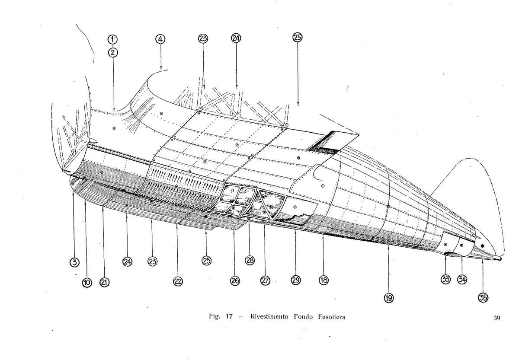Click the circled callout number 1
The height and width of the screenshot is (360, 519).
[113, 39]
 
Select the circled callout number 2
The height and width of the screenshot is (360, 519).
[113, 53]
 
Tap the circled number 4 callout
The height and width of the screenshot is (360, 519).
[160, 39]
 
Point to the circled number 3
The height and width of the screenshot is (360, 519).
[74, 261]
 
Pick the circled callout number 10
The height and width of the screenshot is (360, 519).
[87, 282]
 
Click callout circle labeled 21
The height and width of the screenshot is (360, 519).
[104, 282]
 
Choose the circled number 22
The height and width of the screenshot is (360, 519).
[177, 281]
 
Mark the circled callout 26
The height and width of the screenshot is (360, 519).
[234, 280]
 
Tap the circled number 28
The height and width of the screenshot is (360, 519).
[250, 260]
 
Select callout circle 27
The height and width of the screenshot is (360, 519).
[265, 280]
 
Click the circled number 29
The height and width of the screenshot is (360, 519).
[295, 280]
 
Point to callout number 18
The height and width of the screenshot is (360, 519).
[323, 280]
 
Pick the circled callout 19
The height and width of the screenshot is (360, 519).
[388, 297]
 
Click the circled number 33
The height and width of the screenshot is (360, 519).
[445, 279]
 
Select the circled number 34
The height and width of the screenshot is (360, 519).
[462, 279]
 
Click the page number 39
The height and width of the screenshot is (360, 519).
[496, 319]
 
